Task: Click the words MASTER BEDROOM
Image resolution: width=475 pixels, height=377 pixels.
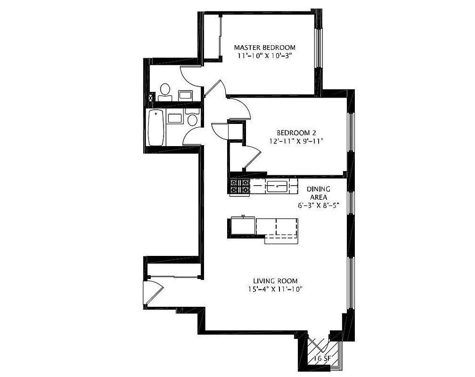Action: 264,48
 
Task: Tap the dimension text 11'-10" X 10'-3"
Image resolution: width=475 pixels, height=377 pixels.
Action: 264,56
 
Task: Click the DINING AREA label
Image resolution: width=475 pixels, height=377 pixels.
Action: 319,193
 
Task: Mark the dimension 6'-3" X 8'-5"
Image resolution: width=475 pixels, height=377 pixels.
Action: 319,205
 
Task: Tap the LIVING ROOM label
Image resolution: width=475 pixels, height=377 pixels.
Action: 275,281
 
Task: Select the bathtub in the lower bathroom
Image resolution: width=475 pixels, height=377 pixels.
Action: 156,128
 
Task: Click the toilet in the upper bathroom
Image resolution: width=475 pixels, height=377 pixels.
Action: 165,91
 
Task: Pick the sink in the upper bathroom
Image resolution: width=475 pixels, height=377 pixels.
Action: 185,95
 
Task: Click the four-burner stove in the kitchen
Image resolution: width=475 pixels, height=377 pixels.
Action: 240,187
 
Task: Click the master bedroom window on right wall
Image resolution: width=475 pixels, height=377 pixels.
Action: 318,47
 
